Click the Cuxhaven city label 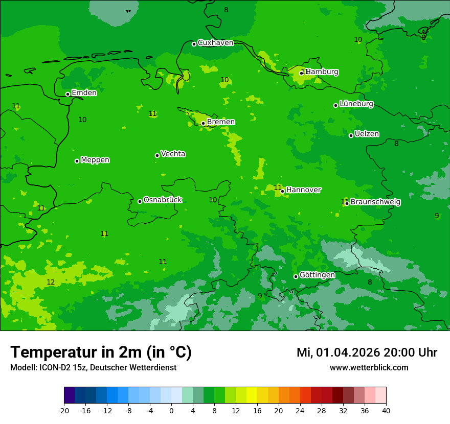point(215,43)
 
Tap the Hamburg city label point(322,72)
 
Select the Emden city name point(84,93)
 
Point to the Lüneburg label point(356,104)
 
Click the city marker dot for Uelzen point(351,135)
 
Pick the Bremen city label point(221,122)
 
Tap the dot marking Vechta point(157,155)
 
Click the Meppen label point(95,160)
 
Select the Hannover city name point(304,190)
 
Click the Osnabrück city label point(163,200)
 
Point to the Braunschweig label point(375,202)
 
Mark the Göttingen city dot point(296,276)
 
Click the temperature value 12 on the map point(51,282)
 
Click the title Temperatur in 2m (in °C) point(101,352)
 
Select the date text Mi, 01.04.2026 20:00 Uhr point(367,352)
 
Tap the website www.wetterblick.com point(369,368)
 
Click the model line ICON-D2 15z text point(93,368)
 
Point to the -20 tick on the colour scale point(64,410)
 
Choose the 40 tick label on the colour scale point(386,410)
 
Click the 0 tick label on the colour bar point(171,410)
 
